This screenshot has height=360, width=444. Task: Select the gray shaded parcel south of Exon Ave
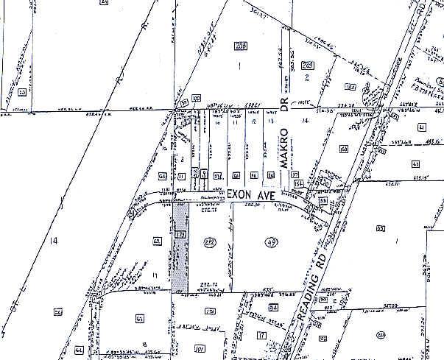pos(180,250)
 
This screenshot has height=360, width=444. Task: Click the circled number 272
pos(209,242)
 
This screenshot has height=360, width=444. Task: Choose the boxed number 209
pos(308,66)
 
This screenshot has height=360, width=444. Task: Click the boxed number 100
pos(196,98)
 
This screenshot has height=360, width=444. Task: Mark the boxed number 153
pos(343,149)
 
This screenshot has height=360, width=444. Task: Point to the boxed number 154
pos(299,183)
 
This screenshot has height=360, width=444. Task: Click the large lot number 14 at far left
pos(52,241)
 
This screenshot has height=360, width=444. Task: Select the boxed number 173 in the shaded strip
pos(179,235)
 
